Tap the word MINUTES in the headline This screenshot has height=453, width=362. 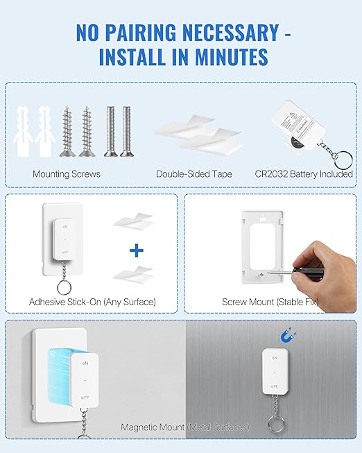tap(221, 57)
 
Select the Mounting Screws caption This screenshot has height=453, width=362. tap(67, 174)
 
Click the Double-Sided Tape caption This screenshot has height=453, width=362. tap(193, 174)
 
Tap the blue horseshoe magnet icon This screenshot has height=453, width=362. tap(286, 336)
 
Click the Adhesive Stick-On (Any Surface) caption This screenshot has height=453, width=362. tap(92, 302)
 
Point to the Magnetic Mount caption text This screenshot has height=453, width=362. tap(184, 427)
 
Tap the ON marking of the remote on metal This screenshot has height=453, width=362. tap(275, 358)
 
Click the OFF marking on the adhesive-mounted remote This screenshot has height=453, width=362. tap(64, 253)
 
